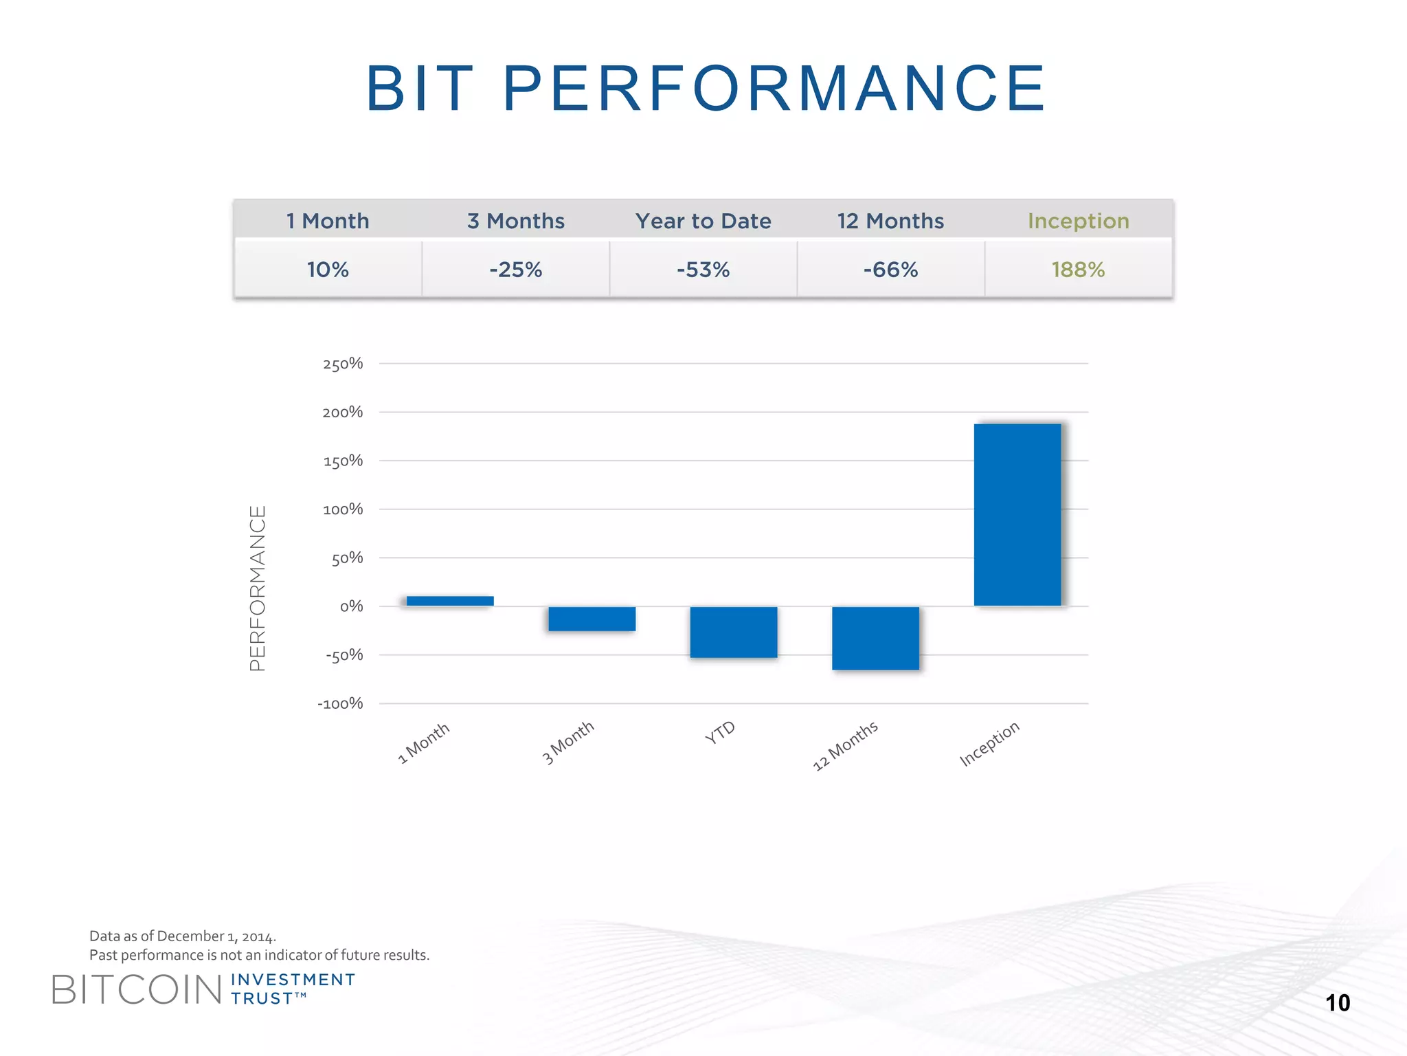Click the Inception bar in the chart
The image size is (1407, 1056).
pyautogui.click(x=1017, y=514)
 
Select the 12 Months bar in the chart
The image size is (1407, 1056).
pyautogui.click(x=875, y=638)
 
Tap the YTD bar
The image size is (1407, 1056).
pyautogui.click(x=734, y=632)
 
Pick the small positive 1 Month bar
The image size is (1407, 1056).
pyautogui.click(x=450, y=601)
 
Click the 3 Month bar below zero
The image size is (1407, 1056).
pyautogui.click(x=592, y=619)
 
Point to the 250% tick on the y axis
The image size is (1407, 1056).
pyautogui.click(x=343, y=364)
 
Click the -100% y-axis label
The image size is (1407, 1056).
pyautogui.click(x=340, y=704)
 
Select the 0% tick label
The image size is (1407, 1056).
pyautogui.click(x=351, y=606)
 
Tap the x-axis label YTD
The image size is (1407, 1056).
pyautogui.click(x=720, y=733)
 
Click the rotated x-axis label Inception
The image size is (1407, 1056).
pyautogui.click(x=989, y=744)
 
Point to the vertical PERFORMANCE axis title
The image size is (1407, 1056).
pyautogui.click(x=258, y=588)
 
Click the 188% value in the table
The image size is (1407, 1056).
pyautogui.click(x=1078, y=269)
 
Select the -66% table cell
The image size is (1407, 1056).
pyautogui.click(x=890, y=269)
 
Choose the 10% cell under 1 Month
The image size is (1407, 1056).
pyautogui.click(x=328, y=269)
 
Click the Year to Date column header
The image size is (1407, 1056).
pyautogui.click(x=703, y=221)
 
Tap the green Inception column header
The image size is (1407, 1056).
pyautogui.click(x=1078, y=221)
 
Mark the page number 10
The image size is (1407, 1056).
pyautogui.click(x=1338, y=1003)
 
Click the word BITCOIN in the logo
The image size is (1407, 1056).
pyautogui.click(x=137, y=990)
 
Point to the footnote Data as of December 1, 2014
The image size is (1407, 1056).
pyautogui.click(x=183, y=936)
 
